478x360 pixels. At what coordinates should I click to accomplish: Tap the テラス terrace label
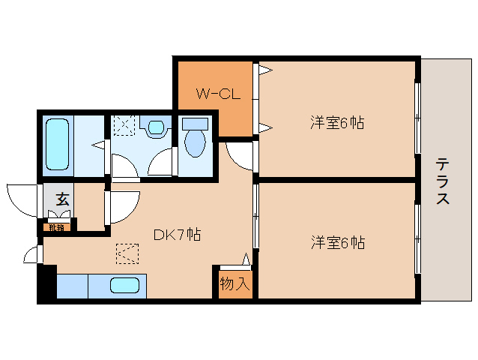point(443,181)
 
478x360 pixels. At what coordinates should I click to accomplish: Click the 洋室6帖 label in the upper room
point(337,122)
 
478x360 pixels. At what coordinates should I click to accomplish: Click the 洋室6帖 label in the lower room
point(337,242)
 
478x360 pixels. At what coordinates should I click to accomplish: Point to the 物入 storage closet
point(234,284)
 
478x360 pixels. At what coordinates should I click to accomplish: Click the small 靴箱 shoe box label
point(57,226)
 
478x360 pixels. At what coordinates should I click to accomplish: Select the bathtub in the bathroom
point(58,142)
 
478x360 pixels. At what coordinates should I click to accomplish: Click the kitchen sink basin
point(124,286)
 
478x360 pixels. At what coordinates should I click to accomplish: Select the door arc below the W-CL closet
point(239,155)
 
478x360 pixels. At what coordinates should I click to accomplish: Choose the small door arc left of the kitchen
point(32,253)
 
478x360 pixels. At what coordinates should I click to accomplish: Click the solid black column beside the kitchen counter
point(46,284)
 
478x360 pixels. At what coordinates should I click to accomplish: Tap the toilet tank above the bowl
point(195,122)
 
